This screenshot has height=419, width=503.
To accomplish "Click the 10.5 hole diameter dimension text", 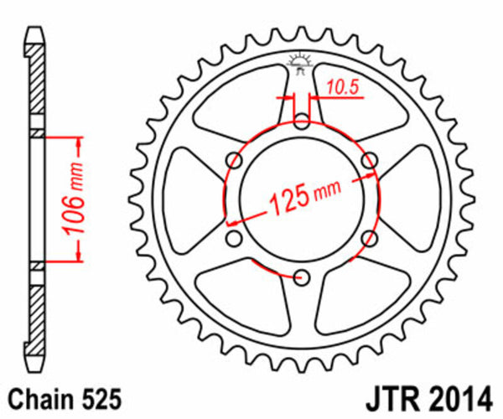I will click(339, 85).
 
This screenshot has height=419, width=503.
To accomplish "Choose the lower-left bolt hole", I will click(236, 238).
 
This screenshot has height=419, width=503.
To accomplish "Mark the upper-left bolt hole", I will click(236, 161).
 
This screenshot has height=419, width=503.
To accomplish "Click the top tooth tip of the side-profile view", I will click(34, 31).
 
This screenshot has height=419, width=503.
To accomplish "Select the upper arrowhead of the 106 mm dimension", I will click(78, 141).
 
